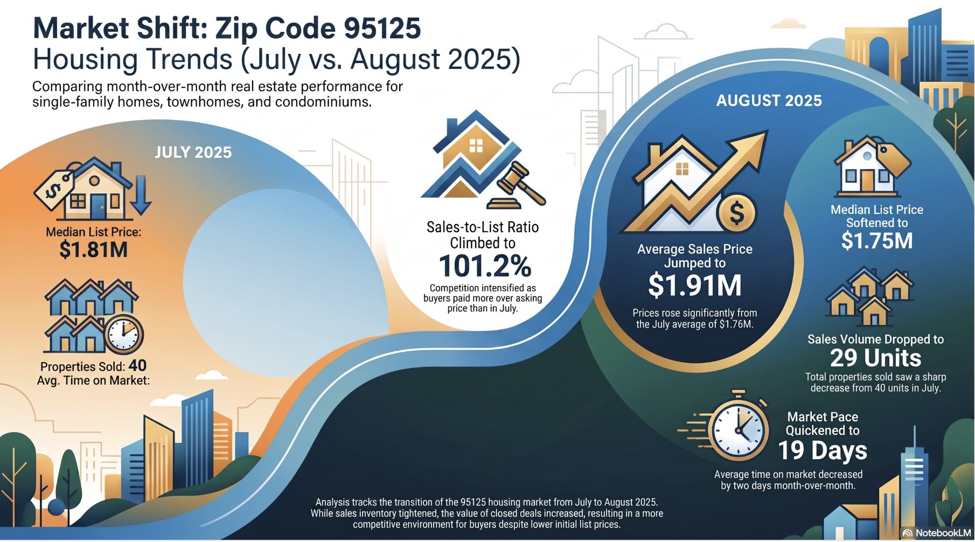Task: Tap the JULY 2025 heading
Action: (x=193, y=152)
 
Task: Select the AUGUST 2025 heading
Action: (x=769, y=101)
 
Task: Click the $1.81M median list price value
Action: (x=94, y=250)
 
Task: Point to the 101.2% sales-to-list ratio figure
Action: (x=485, y=266)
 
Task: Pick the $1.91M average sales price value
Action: (x=695, y=285)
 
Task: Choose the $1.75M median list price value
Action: (x=877, y=240)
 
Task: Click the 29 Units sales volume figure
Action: (x=876, y=358)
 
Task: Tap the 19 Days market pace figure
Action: (x=823, y=450)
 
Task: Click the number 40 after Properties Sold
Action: (x=137, y=365)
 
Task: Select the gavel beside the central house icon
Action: (x=516, y=186)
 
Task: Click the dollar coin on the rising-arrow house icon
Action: (x=736, y=212)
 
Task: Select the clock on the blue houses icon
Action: (x=124, y=333)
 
